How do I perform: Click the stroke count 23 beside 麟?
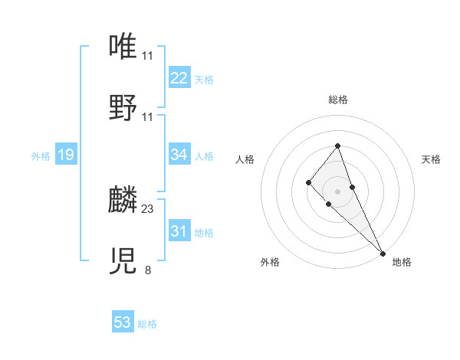[x=148, y=208]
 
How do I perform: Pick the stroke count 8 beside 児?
[x=148, y=269]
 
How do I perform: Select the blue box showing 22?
[x=179, y=78]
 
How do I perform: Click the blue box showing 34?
[x=179, y=155]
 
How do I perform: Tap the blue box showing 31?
[x=179, y=231]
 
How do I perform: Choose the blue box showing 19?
[x=66, y=155]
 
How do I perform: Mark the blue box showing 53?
[x=123, y=322]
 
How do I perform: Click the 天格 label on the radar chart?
[x=432, y=159]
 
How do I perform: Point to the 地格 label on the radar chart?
[x=402, y=262]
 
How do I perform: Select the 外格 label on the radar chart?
[x=270, y=262]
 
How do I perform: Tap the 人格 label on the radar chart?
[x=245, y=159]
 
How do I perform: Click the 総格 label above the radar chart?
[x=338, y=100]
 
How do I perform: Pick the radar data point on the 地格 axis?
[x=383, y=253]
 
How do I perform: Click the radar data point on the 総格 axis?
[x=338, y=146]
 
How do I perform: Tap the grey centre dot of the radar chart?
[x=338, y=191]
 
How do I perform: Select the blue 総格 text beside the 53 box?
[x=147, y=324]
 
